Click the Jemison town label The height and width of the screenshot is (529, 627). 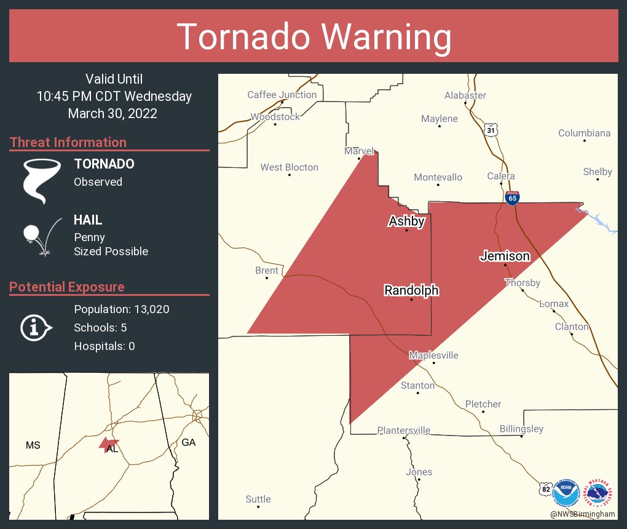505,256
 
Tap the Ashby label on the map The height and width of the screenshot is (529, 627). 406,221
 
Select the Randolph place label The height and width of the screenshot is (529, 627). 411,290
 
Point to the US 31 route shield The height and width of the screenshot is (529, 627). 490,130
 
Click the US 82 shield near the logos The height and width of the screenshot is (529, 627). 544,488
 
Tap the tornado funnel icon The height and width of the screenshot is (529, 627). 41,181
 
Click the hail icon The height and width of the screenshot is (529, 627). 41,236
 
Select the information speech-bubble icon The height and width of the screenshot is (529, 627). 36,327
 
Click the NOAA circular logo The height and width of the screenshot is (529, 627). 566,493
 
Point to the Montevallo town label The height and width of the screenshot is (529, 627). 438,177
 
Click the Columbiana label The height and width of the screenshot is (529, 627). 584,133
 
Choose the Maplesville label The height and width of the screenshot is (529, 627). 433,356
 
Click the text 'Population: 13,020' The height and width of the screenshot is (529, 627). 121,309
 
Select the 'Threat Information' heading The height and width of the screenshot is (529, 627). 68,142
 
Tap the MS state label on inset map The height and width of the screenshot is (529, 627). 33,445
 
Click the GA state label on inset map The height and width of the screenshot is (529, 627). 188,442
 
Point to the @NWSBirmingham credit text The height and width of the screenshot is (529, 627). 583,514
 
